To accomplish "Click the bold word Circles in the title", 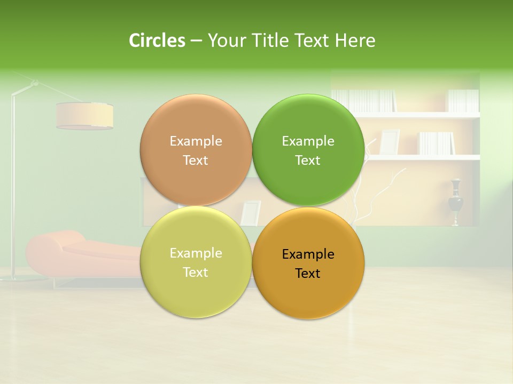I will pyautogui.click(x=157, y=41).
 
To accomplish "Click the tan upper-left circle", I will pyautogui.click(x=196, y=123).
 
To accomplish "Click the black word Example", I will pyautogui.click(x=308, y=254).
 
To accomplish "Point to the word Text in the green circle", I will pyautogui.click(x=308, y=160).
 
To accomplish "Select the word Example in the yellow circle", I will pyautogui.click(x=196, y=253).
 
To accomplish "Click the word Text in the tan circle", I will pyautogui.click(x=196, y=160).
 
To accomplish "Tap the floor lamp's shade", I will pyautogui.click(x=84, y=115).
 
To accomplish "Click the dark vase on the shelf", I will pyautogui.click(x=455, y=201).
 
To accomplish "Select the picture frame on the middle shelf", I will pyautogui.click(x=390, y=142).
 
